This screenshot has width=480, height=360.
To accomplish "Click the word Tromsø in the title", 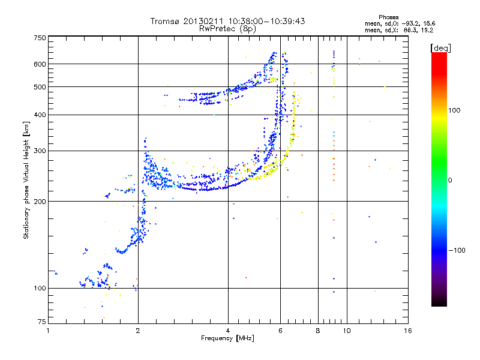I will point(165,21).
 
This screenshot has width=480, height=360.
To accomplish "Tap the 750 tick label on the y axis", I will point(40,38).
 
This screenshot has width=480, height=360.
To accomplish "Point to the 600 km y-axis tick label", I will point(40,64).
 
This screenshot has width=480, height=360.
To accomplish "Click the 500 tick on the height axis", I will point(40,87).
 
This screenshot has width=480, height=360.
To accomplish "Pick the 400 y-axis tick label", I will point(40,115).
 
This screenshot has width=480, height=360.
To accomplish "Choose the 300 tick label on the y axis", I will point(40,151).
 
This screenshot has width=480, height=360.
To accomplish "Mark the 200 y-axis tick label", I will point(40,202).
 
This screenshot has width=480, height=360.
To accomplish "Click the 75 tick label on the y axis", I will point(41,323).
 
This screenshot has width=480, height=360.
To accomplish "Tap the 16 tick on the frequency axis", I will point(407,331).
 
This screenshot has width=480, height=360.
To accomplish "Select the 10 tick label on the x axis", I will point(346,331).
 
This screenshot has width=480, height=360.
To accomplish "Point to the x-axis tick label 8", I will point(318,331).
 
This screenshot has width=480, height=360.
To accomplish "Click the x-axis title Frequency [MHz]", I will point(227,338).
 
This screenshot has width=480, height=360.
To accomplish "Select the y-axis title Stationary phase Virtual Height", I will point(26,180).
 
